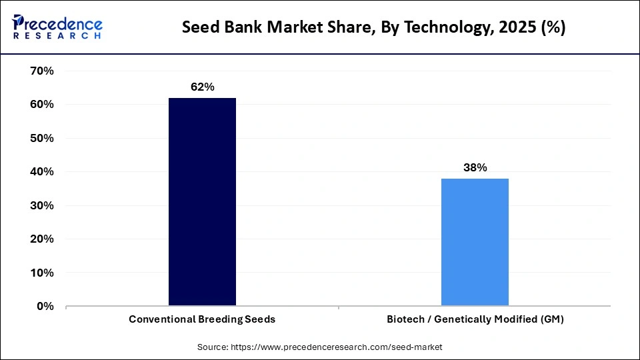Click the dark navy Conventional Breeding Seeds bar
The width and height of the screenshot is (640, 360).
[202, 202]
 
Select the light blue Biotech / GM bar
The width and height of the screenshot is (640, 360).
[475, 242]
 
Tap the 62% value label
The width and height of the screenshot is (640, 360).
[202, 87]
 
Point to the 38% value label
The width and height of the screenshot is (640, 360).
[475, 168]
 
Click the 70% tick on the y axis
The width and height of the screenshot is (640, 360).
[42, 71]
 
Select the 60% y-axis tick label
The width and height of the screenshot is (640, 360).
[42, 105]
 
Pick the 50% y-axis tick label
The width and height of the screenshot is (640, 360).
[42, 138]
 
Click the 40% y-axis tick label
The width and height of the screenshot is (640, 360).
[42, 172]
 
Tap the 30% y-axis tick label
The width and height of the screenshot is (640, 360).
[42, 205]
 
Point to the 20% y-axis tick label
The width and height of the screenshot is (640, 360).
[42, 239]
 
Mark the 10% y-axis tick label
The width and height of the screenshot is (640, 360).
[42, 273]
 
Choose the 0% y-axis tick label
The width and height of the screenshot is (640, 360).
[45, 306]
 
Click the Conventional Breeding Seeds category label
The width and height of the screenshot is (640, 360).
[202, 319]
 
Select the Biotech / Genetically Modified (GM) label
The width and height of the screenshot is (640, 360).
[475, 319]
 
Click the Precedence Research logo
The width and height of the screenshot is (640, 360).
[57, 27]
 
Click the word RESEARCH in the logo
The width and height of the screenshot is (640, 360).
[57, 35]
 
